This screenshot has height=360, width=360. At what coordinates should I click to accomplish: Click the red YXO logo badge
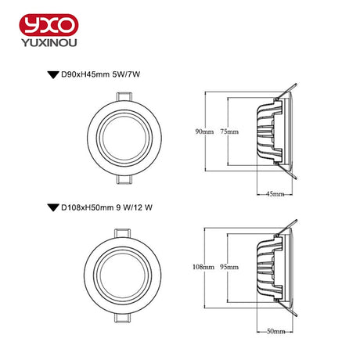pos(49,25)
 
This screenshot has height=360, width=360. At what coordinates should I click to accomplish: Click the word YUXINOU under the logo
pos(49,42)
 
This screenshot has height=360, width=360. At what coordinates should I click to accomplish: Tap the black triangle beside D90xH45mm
pos(53,75)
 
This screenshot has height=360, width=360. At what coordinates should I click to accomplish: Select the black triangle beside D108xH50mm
pos(53,207)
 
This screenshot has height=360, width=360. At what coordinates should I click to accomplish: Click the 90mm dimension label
pos(204,131)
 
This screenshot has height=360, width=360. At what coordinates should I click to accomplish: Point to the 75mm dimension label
pos(229,131)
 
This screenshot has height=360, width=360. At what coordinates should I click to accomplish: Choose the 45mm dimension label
pos(275,194)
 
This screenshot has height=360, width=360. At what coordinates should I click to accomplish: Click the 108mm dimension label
pos(203,267)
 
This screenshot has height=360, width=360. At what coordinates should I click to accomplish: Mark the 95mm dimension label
pos(229,267)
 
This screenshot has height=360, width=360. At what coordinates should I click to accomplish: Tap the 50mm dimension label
pos(275,331)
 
